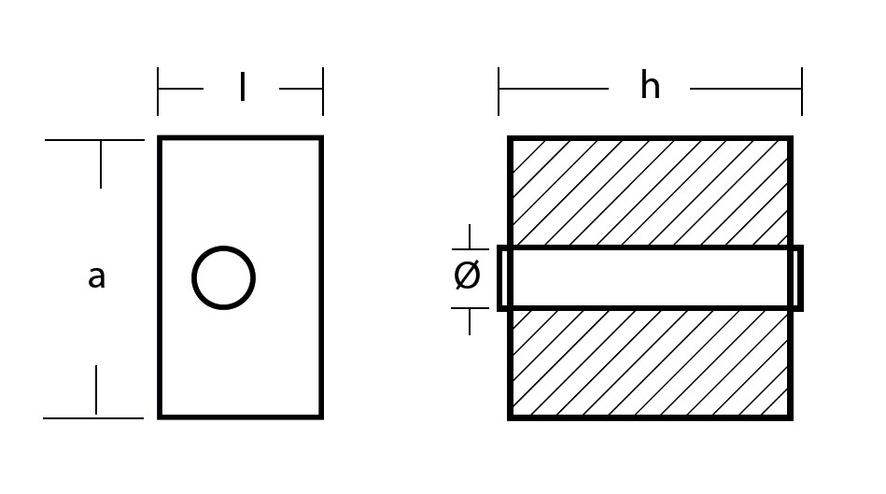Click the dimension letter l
[x=243, y=87]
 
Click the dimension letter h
[x=650, y=86]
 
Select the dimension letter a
[x=96, y=277]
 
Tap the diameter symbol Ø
[x=468, y=275]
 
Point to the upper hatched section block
[x=650, y=192]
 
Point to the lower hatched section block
[x=650, y=363]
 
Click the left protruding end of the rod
[x=502, y=278]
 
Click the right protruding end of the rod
[x=797, y=278]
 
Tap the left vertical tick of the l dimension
[x=158, y=91]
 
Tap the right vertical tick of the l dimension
[x=323, y=91]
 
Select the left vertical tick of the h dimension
[x=499, y=91]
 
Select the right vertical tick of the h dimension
[x=802, y=91]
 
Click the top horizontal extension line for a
[x=94, y=140]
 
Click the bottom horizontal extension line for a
[x=93, y=418]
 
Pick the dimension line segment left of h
[x=554, y=89]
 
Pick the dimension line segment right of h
[x=746, y=89]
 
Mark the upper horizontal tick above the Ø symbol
[x=471, y=249]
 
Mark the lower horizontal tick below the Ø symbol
[x=471, y=308]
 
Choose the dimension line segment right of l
[x=302, y=89]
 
